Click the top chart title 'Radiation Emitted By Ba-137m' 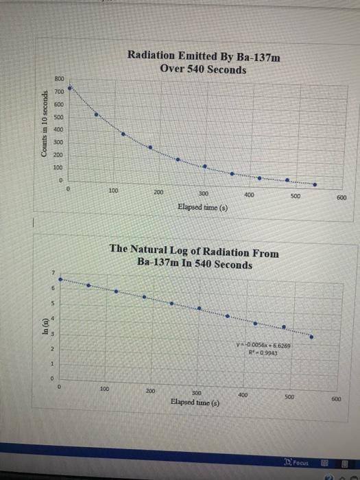tap(204, 57)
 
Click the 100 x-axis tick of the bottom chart tap(104, 389)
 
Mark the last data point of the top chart tap(315, 184)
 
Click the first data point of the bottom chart tap(60, 279)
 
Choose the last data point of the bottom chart tap(313, 337)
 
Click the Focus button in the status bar tap(299, 463)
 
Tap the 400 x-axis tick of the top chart tap(250, 195)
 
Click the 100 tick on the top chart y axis tap(58, 167)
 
